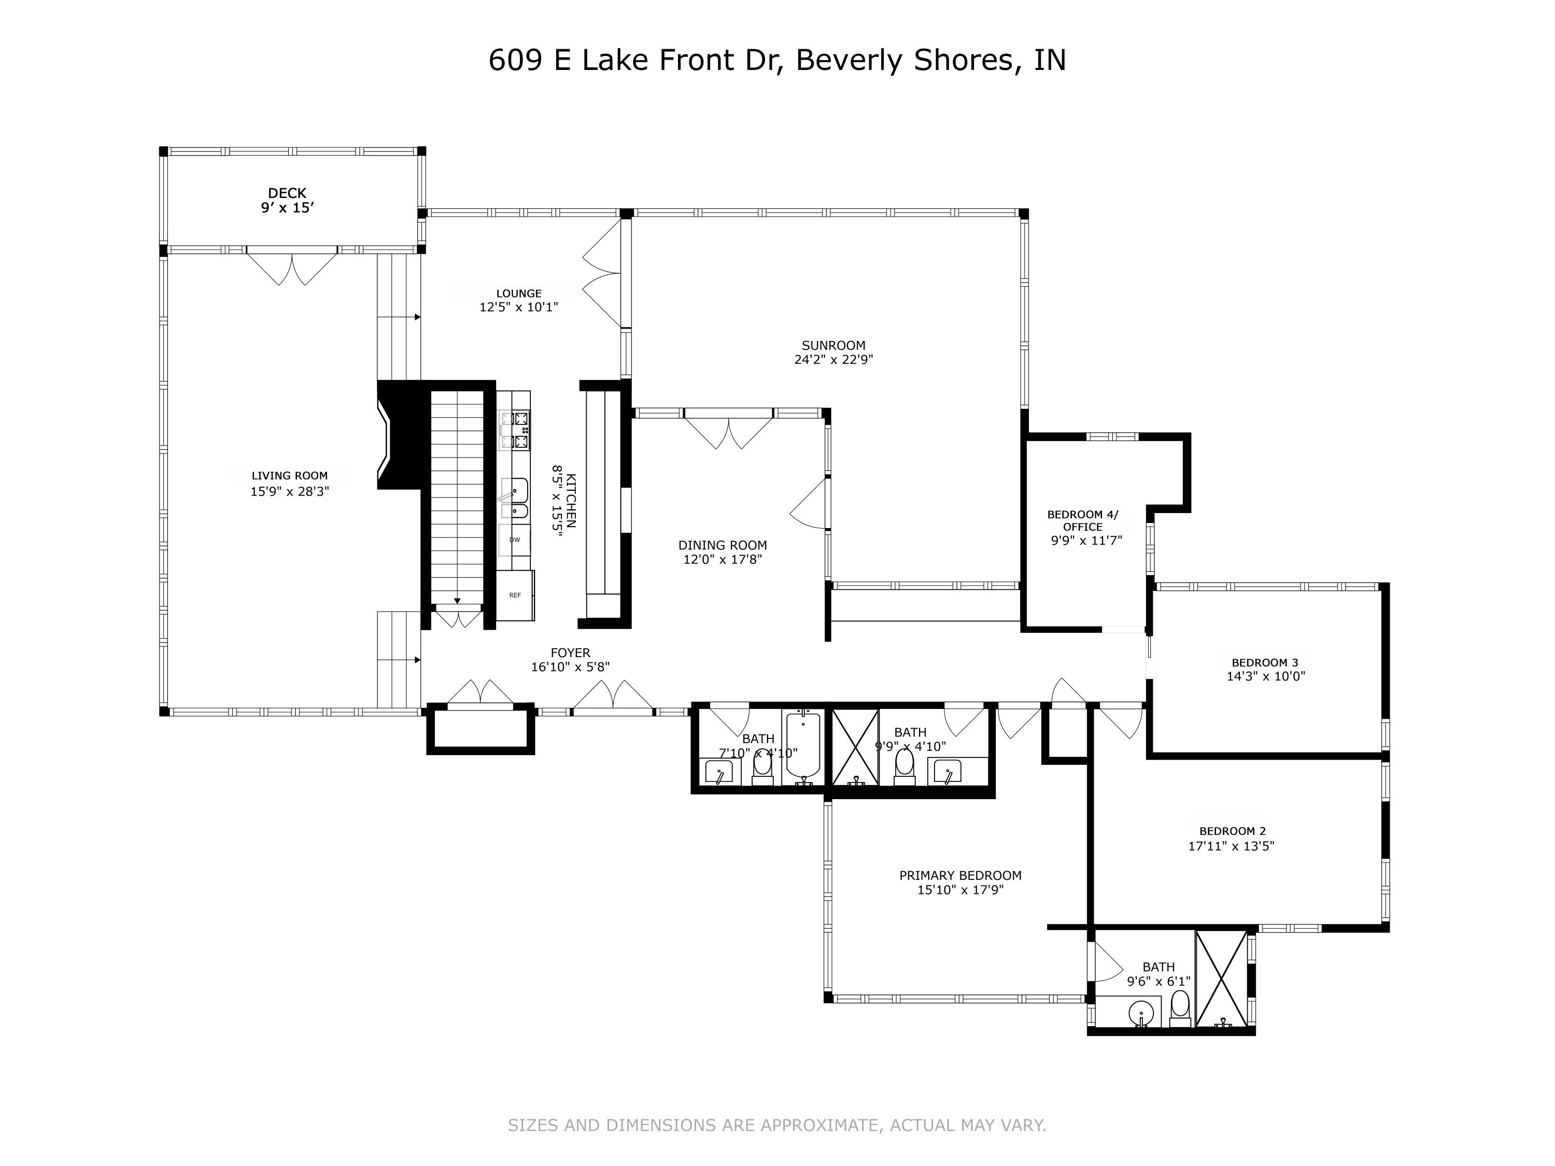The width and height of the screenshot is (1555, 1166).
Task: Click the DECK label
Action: [x=287, y=193]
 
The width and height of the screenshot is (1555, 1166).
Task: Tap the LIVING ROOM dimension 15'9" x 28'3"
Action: [x=290, y=491]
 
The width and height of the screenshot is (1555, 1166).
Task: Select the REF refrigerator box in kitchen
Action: [x=515, y=594]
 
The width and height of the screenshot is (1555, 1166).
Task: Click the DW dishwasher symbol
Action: [x=515, y=540]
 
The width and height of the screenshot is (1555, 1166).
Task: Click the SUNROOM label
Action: [x=833, y=345]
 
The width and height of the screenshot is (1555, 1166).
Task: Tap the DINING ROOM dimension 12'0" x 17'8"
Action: [x=722, y=560]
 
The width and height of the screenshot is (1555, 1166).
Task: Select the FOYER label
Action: [x=570, y=652]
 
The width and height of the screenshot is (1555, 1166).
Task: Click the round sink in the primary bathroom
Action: [x=1141, y=1014]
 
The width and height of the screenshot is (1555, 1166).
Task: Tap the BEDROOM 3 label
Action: [x=1264, y=662]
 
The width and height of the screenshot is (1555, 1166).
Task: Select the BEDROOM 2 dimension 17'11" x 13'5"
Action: [x=1231, y=846]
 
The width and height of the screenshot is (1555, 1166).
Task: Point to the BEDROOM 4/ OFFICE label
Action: [x=1083, y=520]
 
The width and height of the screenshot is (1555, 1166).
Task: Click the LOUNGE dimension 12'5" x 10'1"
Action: [x=519, y=307]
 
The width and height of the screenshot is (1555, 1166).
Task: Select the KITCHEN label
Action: [x=571, y=501]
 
